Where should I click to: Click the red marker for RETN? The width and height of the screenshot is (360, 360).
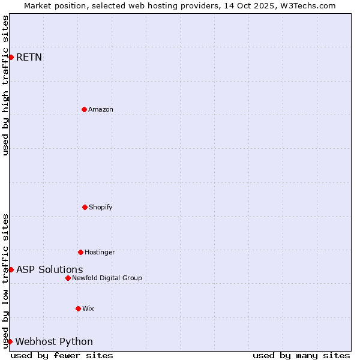point(11,57)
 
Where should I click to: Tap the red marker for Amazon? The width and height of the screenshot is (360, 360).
point(84,109)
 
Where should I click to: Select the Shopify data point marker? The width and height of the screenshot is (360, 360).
point(85,207)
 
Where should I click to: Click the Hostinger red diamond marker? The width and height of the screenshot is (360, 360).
point(80,252)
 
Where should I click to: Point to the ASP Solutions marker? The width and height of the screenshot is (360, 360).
point(11,269)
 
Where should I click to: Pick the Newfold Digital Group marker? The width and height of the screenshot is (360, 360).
point(68,278)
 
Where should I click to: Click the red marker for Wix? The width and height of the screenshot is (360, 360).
point(78,308)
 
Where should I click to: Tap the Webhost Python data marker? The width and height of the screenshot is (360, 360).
point(10,341)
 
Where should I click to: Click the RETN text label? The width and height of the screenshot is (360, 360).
point(29,58)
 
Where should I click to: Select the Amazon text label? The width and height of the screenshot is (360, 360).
point(101,109)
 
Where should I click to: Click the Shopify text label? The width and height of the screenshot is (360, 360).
point(101,207)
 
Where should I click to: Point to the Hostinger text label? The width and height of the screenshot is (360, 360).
point(100,252)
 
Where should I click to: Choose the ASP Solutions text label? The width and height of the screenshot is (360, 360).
point(49,270)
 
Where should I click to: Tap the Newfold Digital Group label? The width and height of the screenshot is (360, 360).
point(107,278)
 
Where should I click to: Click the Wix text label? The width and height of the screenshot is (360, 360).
point(88,308)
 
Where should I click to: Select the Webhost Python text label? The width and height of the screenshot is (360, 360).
point(54,342)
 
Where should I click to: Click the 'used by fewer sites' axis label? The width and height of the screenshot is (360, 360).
point(62,356)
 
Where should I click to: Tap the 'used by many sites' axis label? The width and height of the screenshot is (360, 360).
point(301,356)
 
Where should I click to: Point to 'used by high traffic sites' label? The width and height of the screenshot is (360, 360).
point(6,85)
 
